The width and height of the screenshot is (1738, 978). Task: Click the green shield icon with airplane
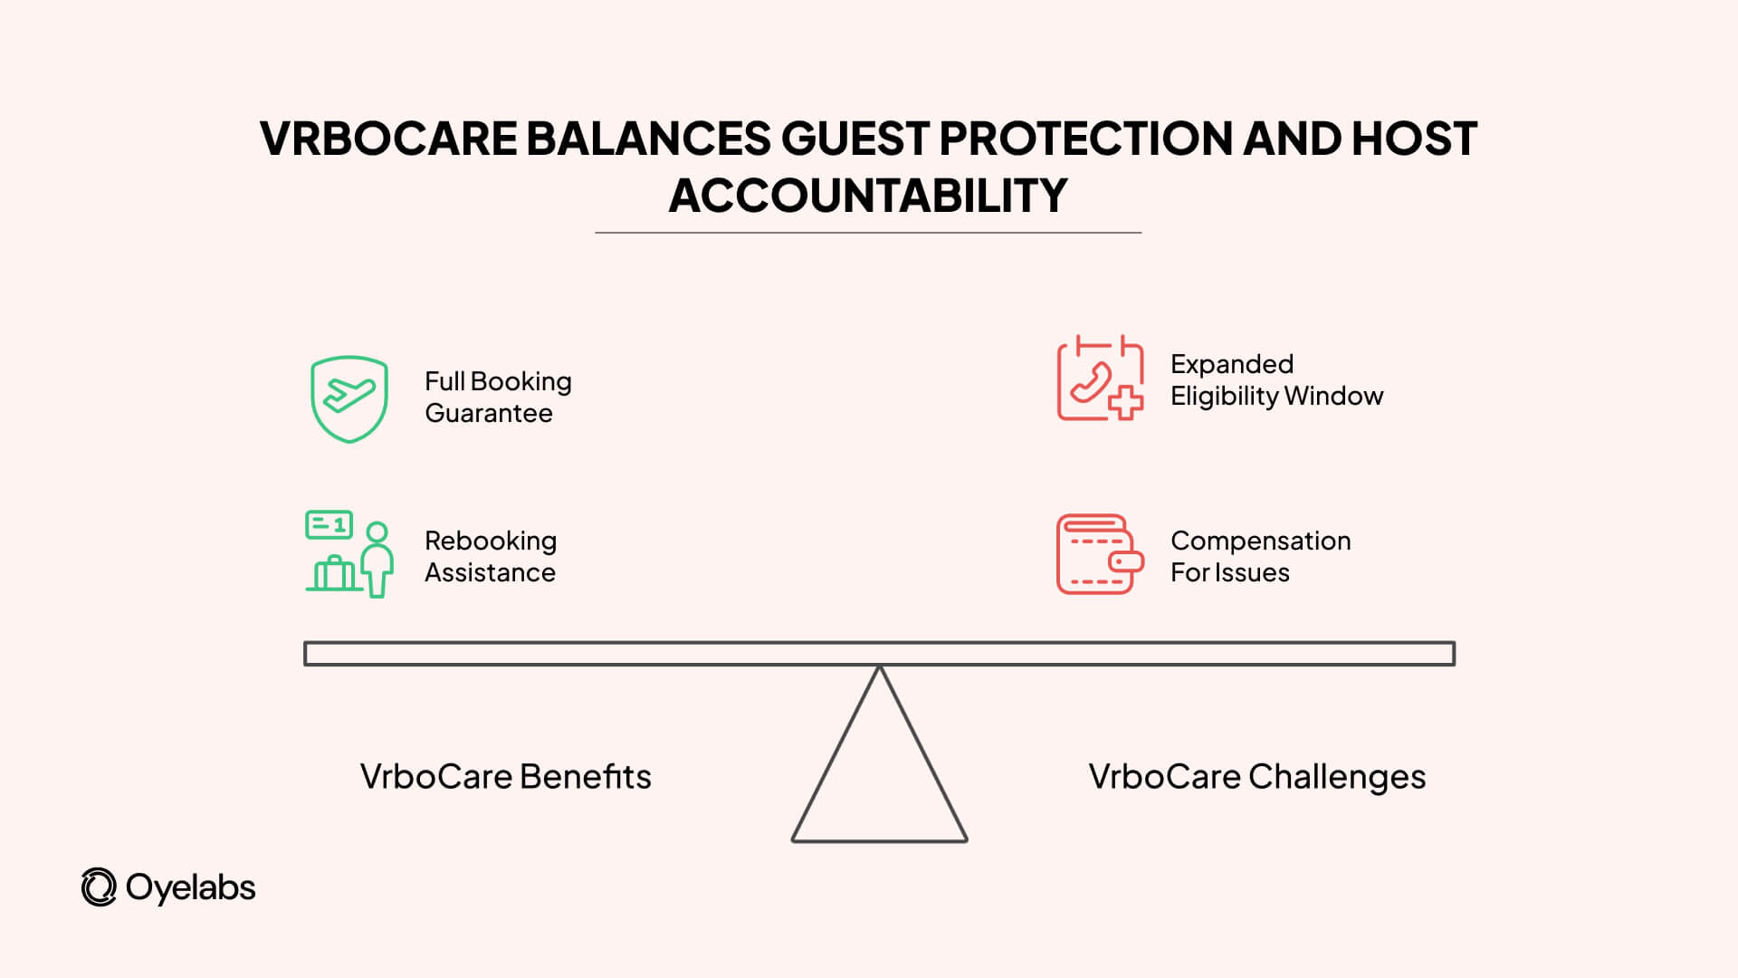click(349, 398)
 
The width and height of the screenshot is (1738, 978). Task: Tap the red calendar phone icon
click(1099, 379)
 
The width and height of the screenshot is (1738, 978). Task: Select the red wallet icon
click(1098, 554)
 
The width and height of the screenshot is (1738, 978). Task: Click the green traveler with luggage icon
click(349, 553)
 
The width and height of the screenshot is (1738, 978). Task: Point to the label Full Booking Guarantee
click(498, 397)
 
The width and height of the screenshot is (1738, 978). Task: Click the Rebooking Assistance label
click(491, 556)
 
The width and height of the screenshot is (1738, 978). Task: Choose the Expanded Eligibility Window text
click(1276, 379)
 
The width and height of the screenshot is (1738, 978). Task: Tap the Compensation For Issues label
click(1260, 556)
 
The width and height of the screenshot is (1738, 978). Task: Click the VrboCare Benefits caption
click(505, 777)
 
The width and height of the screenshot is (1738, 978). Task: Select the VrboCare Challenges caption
click(1256, 777)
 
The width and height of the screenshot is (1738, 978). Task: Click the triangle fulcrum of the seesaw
click(879, 779)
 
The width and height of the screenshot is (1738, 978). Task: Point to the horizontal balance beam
click(879, 654)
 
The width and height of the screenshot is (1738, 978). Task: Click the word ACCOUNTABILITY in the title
click(868, 196)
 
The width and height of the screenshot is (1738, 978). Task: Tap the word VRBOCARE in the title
click(387, 139)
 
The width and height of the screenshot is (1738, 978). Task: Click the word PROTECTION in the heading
click(1084, 139)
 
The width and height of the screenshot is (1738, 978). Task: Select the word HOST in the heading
click(1414, 139)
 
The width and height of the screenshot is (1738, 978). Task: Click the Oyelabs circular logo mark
click(99, 887)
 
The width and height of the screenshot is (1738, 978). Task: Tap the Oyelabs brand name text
click(190, 887)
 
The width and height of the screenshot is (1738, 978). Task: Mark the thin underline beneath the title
click(868, 233)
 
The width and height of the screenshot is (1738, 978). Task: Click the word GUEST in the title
click(855, 139)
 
